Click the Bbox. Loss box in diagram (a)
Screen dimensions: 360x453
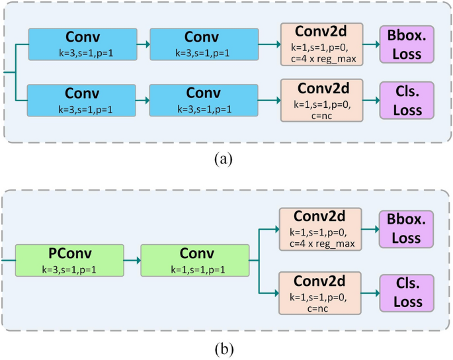(407, 44)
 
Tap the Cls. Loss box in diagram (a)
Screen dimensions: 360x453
(407, 100)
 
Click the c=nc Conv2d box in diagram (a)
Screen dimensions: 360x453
(321, 100)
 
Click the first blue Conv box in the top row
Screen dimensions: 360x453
(82, 44)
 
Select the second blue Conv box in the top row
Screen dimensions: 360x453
(202, 44)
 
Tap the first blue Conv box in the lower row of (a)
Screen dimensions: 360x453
(82, 100)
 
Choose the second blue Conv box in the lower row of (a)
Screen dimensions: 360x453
(202, 100)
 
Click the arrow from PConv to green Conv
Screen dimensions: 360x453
(132, 261)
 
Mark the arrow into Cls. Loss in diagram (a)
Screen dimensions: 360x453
(371, 100)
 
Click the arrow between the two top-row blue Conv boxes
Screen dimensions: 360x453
(143, 44)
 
